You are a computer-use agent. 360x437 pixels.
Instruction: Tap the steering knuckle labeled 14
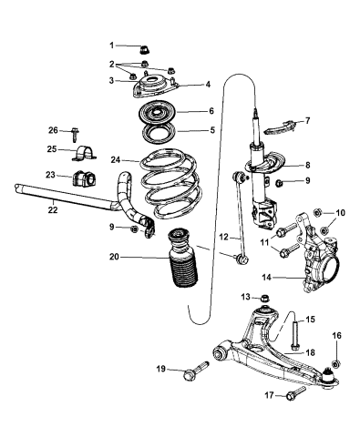coord(320,264)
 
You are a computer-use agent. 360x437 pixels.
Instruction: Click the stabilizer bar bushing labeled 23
coord(90,175)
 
